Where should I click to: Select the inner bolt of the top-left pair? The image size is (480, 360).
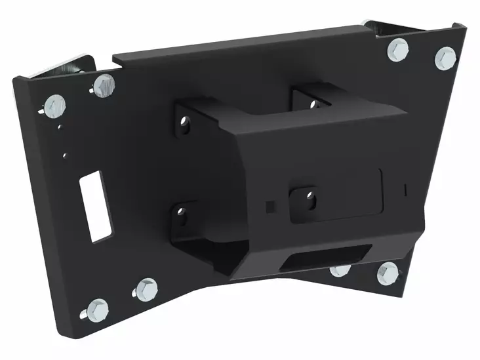[102, 85]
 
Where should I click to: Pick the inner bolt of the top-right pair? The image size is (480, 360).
[398, 49]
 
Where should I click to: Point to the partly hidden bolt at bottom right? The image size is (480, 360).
[339, 270]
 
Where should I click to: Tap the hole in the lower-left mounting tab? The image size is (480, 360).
[181, 213]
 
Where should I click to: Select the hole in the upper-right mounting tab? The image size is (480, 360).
[313, 104]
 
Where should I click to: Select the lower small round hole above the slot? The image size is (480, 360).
[64, 155]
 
